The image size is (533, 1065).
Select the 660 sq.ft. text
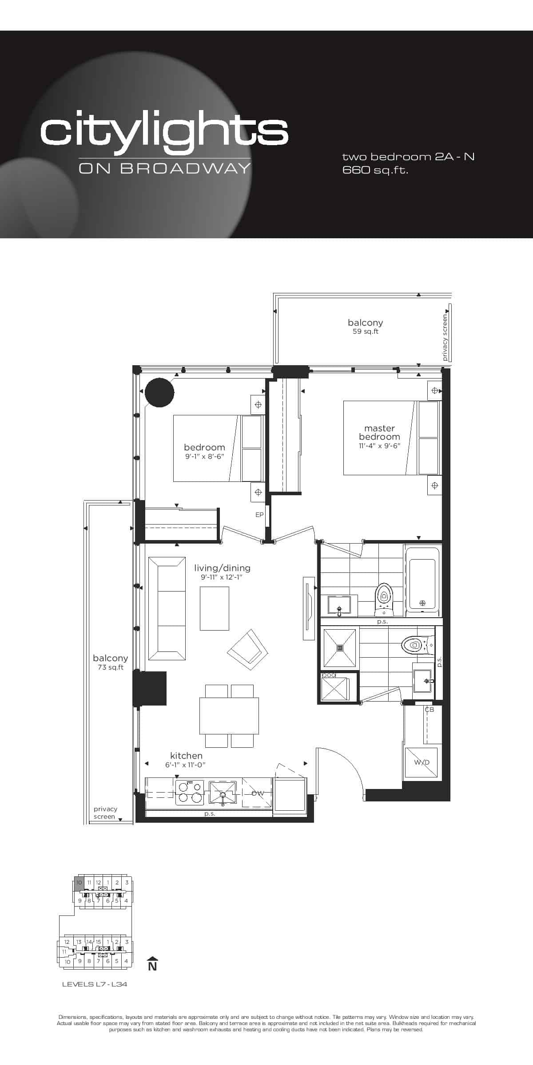(x=375, y=170)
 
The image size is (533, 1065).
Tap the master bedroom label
(x=379, y=432)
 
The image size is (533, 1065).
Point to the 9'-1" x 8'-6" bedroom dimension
(x=204, y=456)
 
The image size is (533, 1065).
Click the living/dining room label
(x=222, y=568)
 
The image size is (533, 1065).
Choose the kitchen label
(x=187, y=756)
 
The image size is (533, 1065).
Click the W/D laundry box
(x=421, y=764)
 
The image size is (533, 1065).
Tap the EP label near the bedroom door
(x=259, y=515)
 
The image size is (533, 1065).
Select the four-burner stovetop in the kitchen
(x=190, y=793)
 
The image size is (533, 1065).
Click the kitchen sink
(x=223, y=793)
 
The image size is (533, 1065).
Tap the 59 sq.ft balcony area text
(x=366, y=331)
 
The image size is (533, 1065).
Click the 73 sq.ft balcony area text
(x=111, y=667)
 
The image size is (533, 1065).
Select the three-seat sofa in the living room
(x=167, y=609)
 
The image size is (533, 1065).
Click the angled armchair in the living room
(x=247, y=651)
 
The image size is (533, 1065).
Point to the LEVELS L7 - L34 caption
(x=95, y=984)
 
